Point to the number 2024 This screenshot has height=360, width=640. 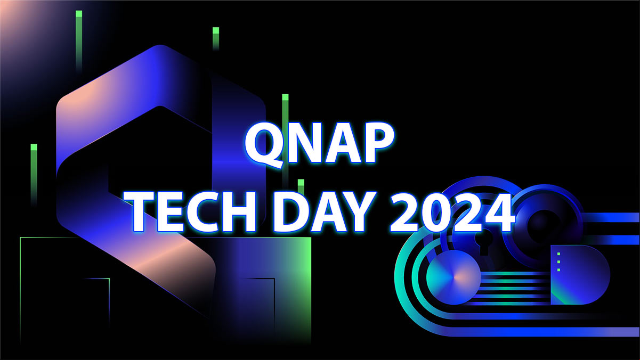[x=451, y=212]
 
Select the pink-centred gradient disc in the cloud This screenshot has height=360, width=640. [x=453, y=277]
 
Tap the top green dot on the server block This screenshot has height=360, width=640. [x=558, y=254]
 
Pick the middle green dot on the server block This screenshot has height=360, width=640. [x=558, y=262]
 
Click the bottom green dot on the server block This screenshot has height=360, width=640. [x=558, y=270]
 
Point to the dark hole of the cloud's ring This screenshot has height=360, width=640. [x=544, y=226]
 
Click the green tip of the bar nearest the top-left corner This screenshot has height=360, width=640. [x=79, y=14]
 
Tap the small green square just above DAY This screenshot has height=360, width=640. [x=301, y=183]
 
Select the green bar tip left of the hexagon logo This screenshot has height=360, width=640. [x=34, y=148]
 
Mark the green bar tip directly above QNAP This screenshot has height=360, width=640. [x=285, y=97]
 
